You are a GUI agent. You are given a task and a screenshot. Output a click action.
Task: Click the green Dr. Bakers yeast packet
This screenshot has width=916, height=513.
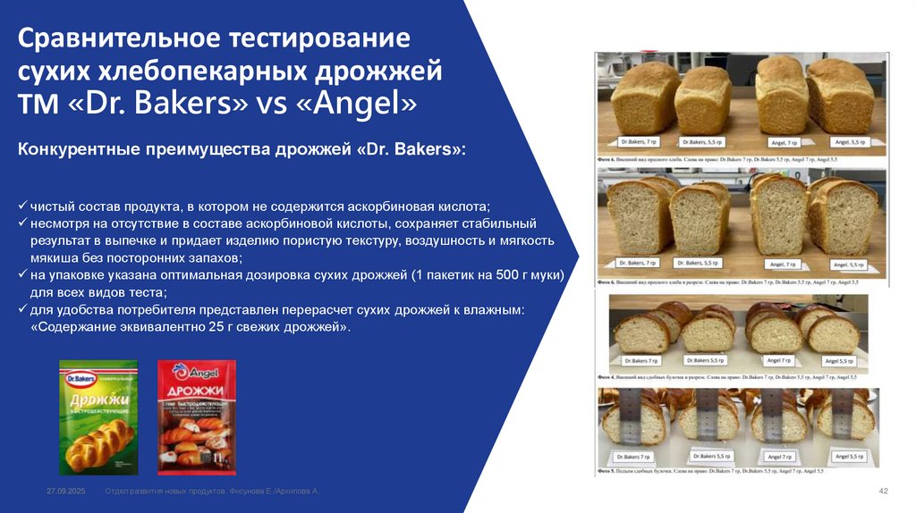(98, 416)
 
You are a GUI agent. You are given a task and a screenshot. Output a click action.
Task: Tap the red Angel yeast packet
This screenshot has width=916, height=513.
(196, 416)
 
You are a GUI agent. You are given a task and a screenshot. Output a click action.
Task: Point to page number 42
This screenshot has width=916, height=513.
(883, 492)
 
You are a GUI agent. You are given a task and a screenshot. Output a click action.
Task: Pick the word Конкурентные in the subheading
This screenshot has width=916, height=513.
(78, 147)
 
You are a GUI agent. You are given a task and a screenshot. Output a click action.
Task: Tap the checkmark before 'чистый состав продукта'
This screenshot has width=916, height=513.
(22, 205)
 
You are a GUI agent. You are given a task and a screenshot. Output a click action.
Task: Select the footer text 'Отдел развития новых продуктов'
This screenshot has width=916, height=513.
(165, 492)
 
